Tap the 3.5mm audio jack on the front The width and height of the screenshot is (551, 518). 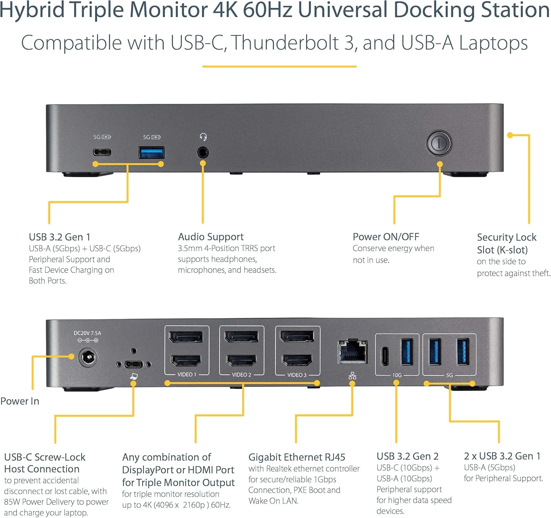coord(202,152)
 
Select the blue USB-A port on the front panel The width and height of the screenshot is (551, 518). coord(151,152)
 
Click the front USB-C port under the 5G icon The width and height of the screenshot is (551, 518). coord(102,152)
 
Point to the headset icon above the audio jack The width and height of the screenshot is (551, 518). coord(203,137)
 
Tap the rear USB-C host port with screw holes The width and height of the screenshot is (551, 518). coord(133,364)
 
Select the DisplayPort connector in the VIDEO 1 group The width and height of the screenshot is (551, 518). coord(186,337)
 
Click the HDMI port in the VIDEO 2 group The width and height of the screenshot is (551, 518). coord(241,360)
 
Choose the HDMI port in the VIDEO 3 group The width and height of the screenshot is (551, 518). coord(297,360)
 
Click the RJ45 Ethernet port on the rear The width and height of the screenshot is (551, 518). coord(353,352)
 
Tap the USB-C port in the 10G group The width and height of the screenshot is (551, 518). coord(385,356)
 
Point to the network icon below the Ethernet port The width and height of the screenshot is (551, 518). coord(352,375)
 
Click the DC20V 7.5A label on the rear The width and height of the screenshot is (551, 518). coord(87,333)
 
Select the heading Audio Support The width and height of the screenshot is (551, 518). coord(210,237)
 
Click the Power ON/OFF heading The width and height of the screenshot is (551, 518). coord(386,237)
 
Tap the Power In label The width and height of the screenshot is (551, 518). coord(20,401)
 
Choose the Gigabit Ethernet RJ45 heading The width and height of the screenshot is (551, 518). coord(297,457)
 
